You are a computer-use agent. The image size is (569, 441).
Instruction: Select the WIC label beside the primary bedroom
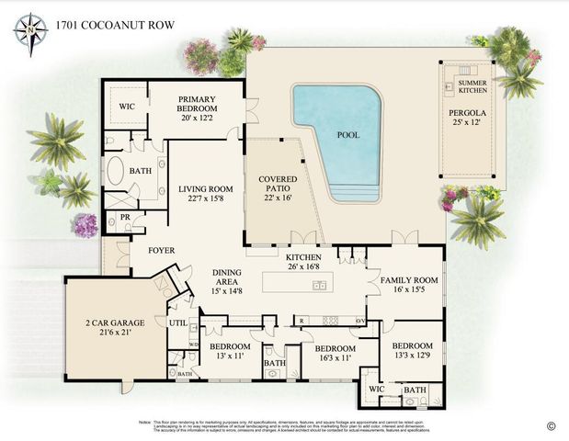(126, 107)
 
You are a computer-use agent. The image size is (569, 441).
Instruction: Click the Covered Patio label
(277, 186)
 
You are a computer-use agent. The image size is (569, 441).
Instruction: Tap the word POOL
(348, 134)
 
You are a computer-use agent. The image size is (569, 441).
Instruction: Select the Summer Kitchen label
(473, 88)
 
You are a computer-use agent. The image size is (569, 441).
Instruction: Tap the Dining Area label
(226, 281)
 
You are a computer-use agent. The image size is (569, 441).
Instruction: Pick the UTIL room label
(176, 322)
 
